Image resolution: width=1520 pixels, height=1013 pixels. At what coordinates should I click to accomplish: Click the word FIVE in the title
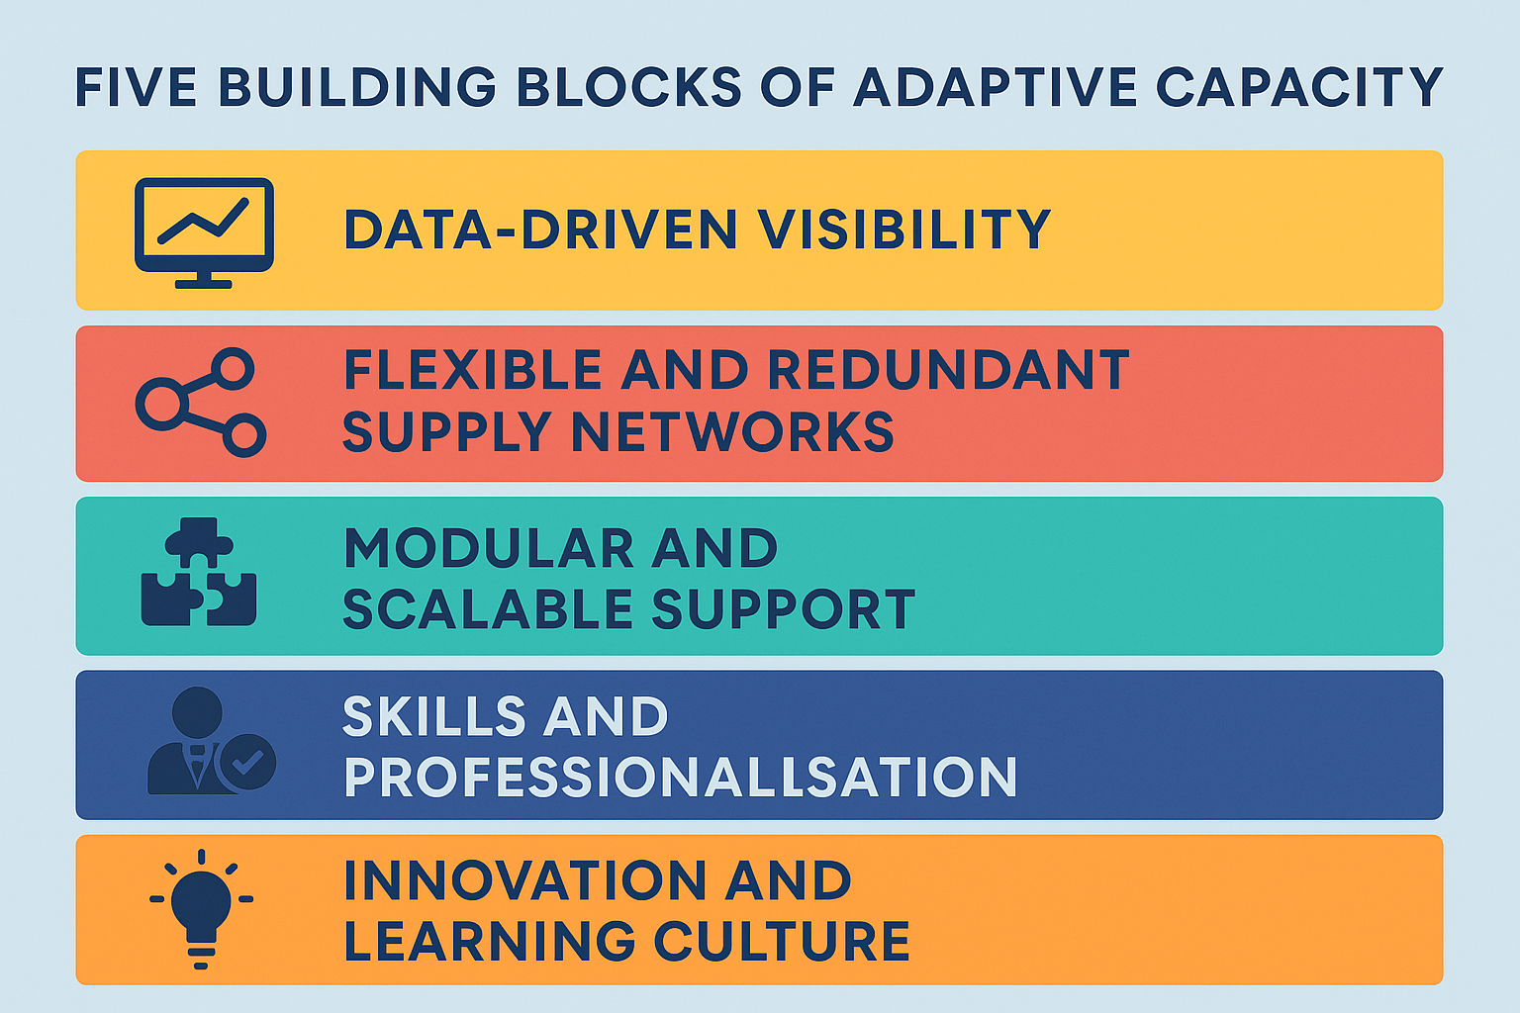[x=137, y=87]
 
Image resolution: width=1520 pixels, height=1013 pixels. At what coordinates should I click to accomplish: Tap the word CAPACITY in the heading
[x=1298, y=87]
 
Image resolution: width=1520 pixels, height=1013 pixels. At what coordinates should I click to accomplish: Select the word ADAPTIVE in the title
[x=995, y=87]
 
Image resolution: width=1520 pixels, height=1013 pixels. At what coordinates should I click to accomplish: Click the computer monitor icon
[x=204, y=232]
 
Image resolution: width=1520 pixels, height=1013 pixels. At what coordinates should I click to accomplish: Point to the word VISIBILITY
[x=904, y=230]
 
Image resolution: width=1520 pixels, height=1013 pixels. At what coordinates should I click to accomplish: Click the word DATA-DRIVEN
[x=540, y=230]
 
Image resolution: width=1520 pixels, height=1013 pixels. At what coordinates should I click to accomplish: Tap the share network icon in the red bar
[x=201, y=403]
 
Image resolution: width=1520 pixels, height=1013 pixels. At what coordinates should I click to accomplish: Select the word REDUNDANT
[x=949, y=370]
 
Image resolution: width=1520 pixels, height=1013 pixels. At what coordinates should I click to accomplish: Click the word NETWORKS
[x=733, y=431]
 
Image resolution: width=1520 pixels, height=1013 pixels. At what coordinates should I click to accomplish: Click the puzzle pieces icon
[x=199, y=572]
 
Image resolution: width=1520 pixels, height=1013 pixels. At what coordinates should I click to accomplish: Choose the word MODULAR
[x=488, y=547]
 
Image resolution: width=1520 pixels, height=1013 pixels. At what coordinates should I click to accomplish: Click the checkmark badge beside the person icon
[x=247, y=762]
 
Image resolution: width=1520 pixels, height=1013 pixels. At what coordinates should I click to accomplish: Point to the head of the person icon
[x=198, y=712]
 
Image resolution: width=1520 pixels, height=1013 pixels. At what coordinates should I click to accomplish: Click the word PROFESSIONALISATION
[x=681, y=777]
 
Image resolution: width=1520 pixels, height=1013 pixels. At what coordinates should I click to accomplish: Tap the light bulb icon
[x=201, y=909]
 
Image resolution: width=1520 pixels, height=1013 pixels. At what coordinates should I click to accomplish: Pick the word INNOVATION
[x=525, y=880]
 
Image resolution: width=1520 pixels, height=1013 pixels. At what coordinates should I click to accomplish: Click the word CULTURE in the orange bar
[x=782, y=941]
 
